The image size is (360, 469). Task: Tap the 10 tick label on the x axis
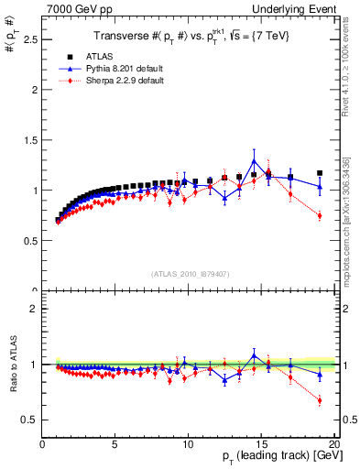point(188,444)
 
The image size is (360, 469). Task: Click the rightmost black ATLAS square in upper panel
point(320,173)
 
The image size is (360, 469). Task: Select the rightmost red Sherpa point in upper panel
point(320,215)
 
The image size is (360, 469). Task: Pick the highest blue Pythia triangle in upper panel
point(254,161)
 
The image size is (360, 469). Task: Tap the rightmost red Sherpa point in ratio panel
point(320,400)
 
